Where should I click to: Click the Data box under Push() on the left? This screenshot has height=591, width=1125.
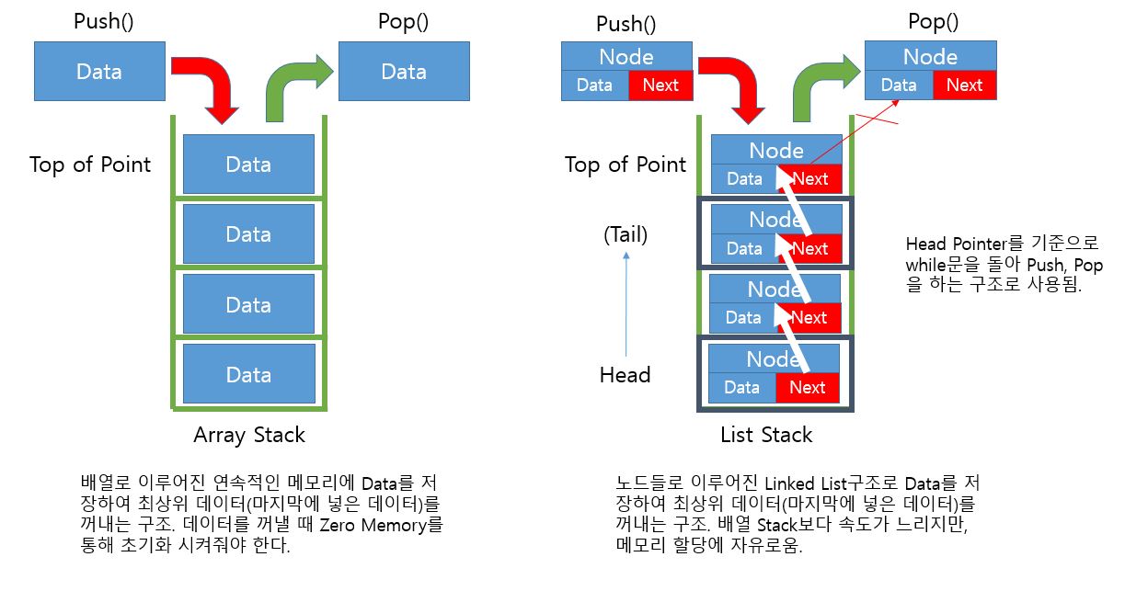coord(99,71)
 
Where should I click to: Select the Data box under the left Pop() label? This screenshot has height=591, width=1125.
coord(404,71)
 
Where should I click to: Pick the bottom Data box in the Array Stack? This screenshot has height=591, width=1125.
coord(248,374)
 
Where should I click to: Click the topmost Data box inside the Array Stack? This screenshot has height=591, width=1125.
coord(248,164)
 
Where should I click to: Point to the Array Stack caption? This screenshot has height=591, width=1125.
coord(249,434)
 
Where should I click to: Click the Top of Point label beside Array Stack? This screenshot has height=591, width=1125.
coord(90,165)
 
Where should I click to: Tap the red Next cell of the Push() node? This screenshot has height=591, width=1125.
coord(660,85)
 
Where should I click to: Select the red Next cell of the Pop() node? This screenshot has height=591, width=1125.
coord(964,85)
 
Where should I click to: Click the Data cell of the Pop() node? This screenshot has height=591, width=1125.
coord(899,85)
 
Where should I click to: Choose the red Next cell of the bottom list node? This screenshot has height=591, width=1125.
coord(807,388)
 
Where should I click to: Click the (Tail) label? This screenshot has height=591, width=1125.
coord(626,234)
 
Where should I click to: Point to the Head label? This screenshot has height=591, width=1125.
coord(626,375)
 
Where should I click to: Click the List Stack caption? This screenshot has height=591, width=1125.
coord(767,434)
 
